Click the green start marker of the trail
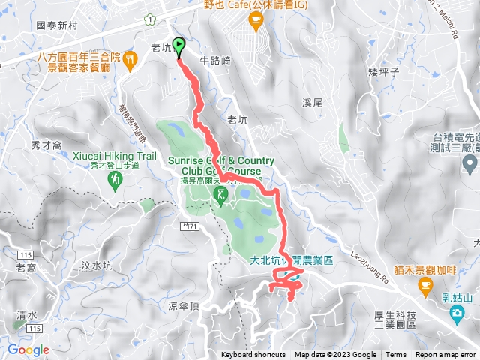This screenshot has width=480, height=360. click(179, 46)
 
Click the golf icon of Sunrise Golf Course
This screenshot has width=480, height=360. click(220, 196)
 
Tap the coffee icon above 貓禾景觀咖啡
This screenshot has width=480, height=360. click(425, 284)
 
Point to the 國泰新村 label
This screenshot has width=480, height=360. click(57, 25)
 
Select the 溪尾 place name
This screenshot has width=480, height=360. click(311, 101)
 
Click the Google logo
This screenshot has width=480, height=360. click(28, 349)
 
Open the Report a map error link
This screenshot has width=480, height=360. click(445, 355)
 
